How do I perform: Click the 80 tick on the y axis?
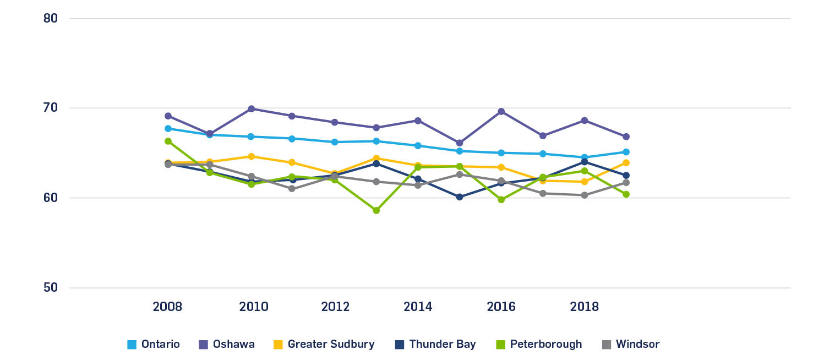click(x=51, y=18)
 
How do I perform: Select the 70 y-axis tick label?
click(x=51, y=108)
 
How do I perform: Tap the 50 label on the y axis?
click(x=51, y=288)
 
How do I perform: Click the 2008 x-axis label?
click(x=167, y=307)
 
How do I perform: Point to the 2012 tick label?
click(x=335, y=307)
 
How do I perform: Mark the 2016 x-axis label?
click(x=501, y=307)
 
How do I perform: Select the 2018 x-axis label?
click(x=585, y=307)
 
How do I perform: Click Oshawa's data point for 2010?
click(x=251, y=109)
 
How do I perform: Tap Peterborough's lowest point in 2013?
click(x=377, y=210)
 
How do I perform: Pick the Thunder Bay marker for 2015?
click(x=460, y=197)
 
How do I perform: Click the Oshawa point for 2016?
click(x=501, y=112)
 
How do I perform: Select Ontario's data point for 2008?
click(x=168, y=129)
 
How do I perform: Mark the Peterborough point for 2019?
click(x=626, y=194)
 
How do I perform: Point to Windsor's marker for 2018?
click(x=585, y=195)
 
